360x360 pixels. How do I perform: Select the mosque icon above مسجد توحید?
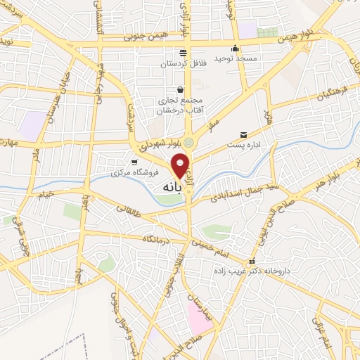coord(236,49)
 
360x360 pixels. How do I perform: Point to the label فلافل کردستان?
coord(183,63)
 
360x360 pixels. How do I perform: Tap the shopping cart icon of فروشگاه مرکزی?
coord(134,162)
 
